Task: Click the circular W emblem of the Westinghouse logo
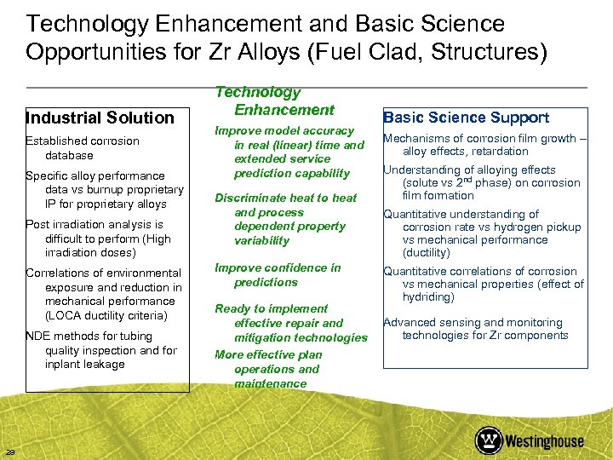[489, 440]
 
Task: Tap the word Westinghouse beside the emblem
[544, 441]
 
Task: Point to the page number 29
[9, 451]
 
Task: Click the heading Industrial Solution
[100, 118]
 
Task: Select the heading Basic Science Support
[466, 118]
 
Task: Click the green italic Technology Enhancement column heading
[272, 101]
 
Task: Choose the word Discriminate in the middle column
[252, 198]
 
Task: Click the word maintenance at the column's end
[270, 383]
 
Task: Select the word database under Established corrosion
[69, 155]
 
